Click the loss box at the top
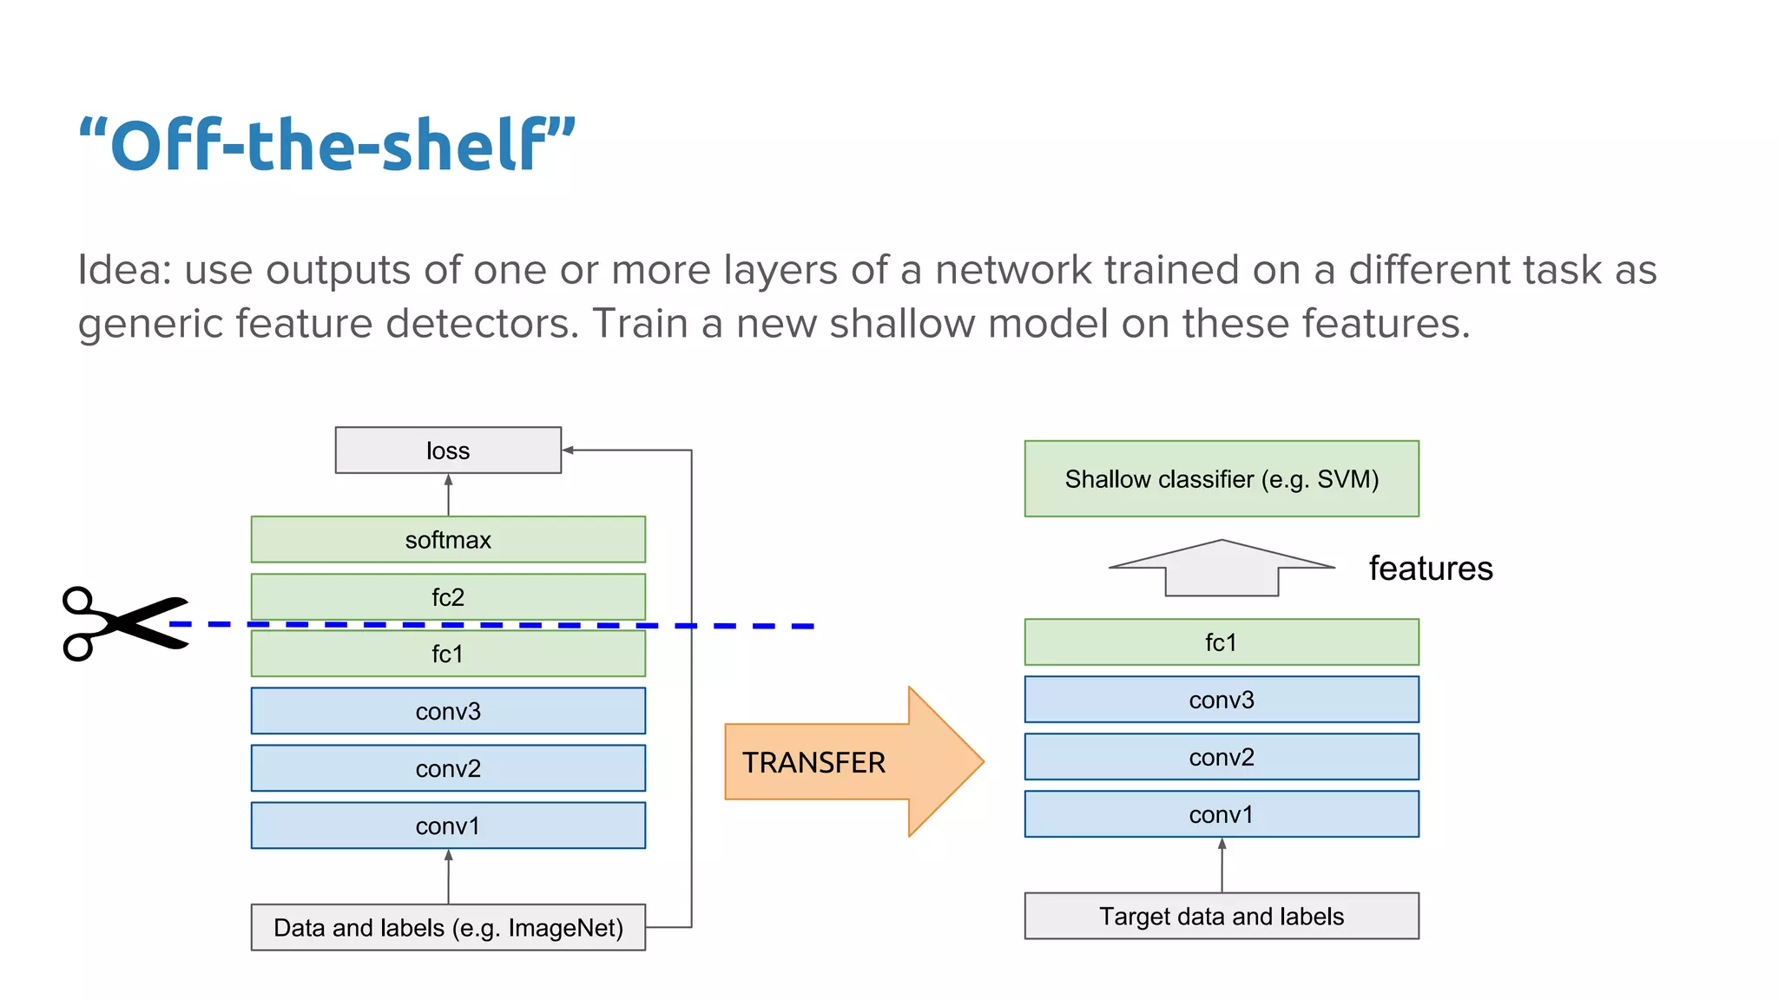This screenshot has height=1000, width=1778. [x=448, y=450]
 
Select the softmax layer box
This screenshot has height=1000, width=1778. [x=448, y=539]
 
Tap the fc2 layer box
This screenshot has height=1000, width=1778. [x=448, y=596]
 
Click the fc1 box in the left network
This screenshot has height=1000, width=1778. [x=448, y=654]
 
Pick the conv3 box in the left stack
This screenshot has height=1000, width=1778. [x=448, y=711]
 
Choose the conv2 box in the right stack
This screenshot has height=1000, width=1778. [x=1222, y=757]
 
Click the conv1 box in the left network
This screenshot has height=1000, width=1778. [x=448, y=826]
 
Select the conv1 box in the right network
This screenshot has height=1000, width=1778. [x=1222, y=814]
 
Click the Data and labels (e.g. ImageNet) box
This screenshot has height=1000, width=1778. [x=448, y=927]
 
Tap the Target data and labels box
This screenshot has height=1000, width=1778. [x=1222, y=916]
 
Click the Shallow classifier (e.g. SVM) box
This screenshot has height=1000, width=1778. [x=1222, y=478]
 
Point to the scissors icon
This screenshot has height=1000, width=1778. [x=122, y=623]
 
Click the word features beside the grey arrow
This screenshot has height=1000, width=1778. [x=1431, y=569]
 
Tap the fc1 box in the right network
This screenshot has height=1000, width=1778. [x=1222, y=642]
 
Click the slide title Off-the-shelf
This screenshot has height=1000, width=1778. [x=327, y=145]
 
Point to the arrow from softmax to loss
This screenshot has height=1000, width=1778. [x=448, y=495]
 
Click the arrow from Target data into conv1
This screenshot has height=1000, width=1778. [x=1222, y=865]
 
